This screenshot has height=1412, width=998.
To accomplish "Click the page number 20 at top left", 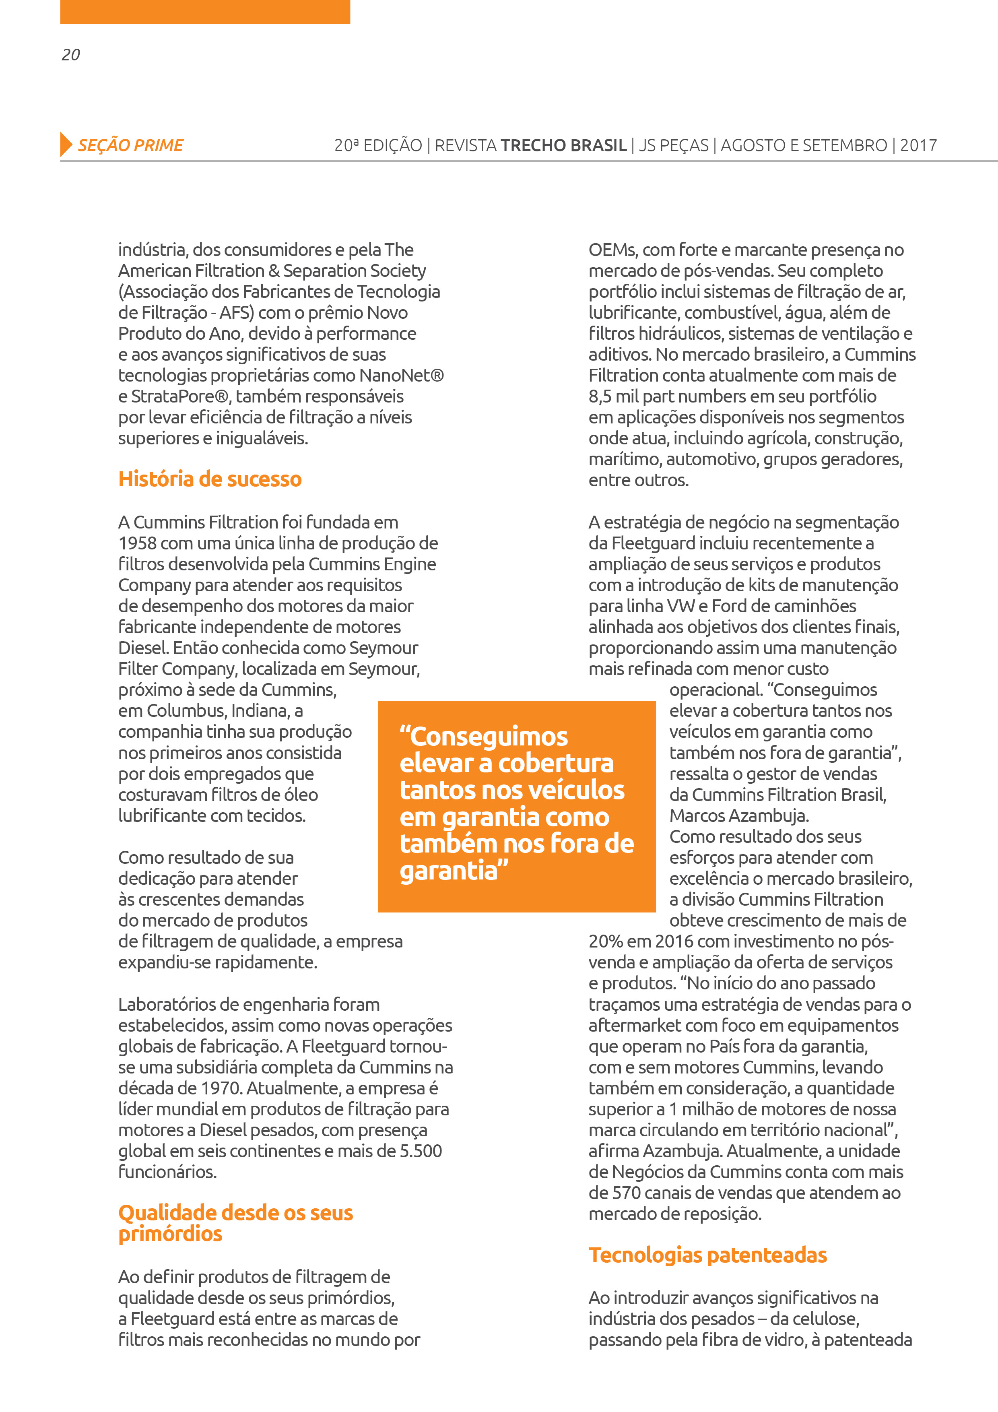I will [71, 55].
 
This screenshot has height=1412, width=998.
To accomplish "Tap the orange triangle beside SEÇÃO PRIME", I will [66, 145].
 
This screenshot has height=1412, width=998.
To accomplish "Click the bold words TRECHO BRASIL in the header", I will [563, 145].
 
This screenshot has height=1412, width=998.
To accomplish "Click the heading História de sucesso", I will [210, 479].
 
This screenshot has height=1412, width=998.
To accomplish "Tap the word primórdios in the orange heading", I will [170, 1234].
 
